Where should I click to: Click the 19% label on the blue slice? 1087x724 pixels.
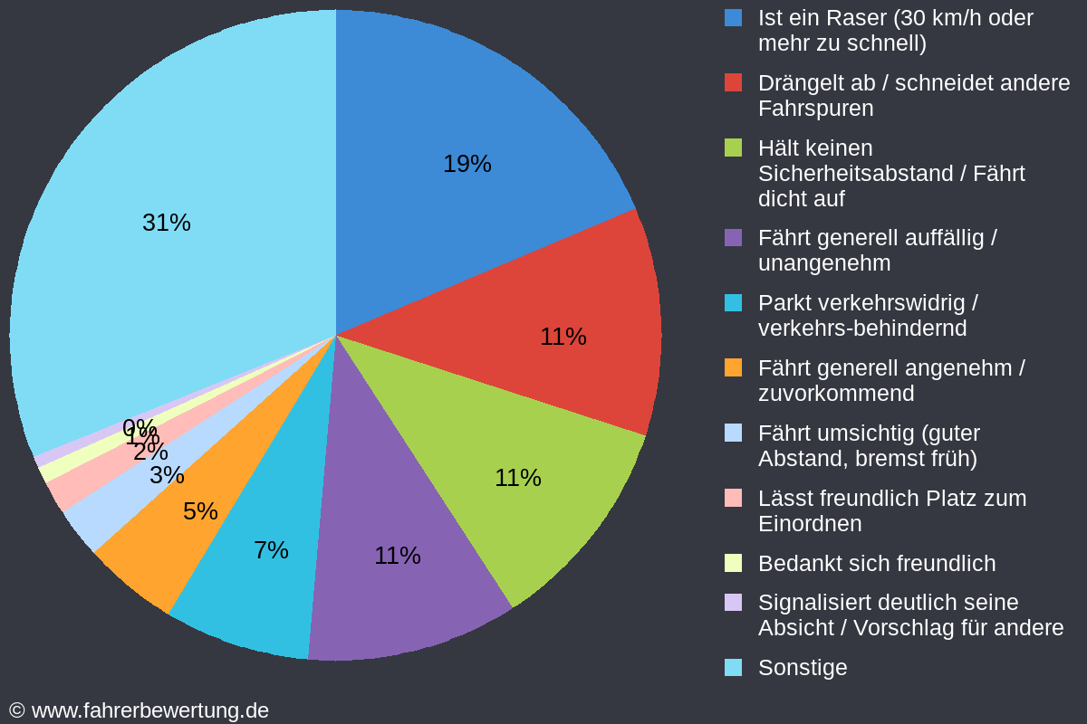coord(467,164)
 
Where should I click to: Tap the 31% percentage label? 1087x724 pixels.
coord(167,223)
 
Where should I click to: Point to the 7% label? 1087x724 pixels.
coord(271,550)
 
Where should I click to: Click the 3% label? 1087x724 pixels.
coord(167,475)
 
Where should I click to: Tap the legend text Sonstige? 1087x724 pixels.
coord(803,668)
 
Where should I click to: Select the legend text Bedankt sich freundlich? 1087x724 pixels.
coord(876,564)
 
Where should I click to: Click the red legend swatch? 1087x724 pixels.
coord(734,82)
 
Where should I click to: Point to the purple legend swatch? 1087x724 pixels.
coord(734,237)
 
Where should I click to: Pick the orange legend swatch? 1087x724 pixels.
coord(734,367)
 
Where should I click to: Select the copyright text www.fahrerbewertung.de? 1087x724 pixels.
coord(149,710)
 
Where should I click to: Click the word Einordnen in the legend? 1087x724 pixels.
coord(809,524)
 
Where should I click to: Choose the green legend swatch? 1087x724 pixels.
coord(734,148)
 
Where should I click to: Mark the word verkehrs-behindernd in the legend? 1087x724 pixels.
coord(861,329)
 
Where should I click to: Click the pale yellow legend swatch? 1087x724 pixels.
coord(734,563)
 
